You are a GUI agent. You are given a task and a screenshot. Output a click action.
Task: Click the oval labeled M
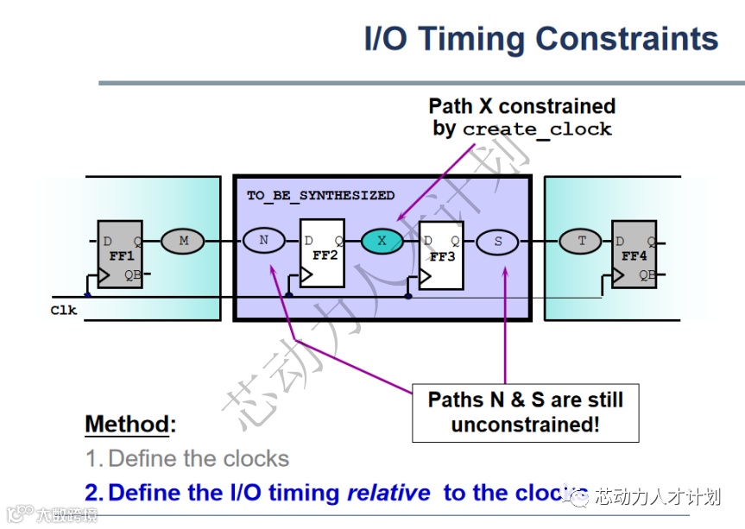click(183, 241)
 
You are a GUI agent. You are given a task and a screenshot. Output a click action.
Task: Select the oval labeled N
click(263, 241)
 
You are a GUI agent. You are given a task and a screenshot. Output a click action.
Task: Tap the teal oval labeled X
click(382, 241)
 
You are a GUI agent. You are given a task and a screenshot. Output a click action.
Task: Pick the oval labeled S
click(497, 242)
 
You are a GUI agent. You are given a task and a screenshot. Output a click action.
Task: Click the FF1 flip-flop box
click(119, 254)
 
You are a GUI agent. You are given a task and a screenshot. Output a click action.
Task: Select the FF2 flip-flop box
click(322, 254)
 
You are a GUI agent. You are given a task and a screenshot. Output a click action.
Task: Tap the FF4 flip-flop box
click(633, 254)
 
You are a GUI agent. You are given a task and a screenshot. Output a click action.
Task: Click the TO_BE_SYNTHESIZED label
click(320, 195)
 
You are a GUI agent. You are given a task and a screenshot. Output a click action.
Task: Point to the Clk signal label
click(63, 310)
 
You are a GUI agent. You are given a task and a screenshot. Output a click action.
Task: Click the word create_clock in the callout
click(537, 129)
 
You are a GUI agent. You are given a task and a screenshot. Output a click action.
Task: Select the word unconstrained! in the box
click(525, 424)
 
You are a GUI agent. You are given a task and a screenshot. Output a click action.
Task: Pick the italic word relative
click(388, 493)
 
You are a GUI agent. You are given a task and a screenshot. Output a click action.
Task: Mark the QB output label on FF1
click(132, 275)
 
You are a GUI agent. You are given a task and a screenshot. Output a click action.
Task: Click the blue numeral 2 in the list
click(93, 493)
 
